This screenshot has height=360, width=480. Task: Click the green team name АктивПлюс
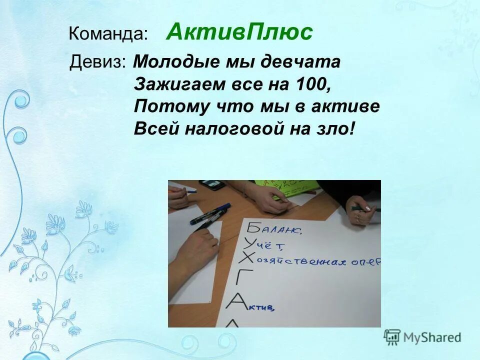tap(239, 32)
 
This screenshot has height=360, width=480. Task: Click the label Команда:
tap(108, 34)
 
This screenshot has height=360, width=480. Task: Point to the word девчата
tap(306, 62)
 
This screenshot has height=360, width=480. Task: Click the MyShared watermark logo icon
tap(391, 337)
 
